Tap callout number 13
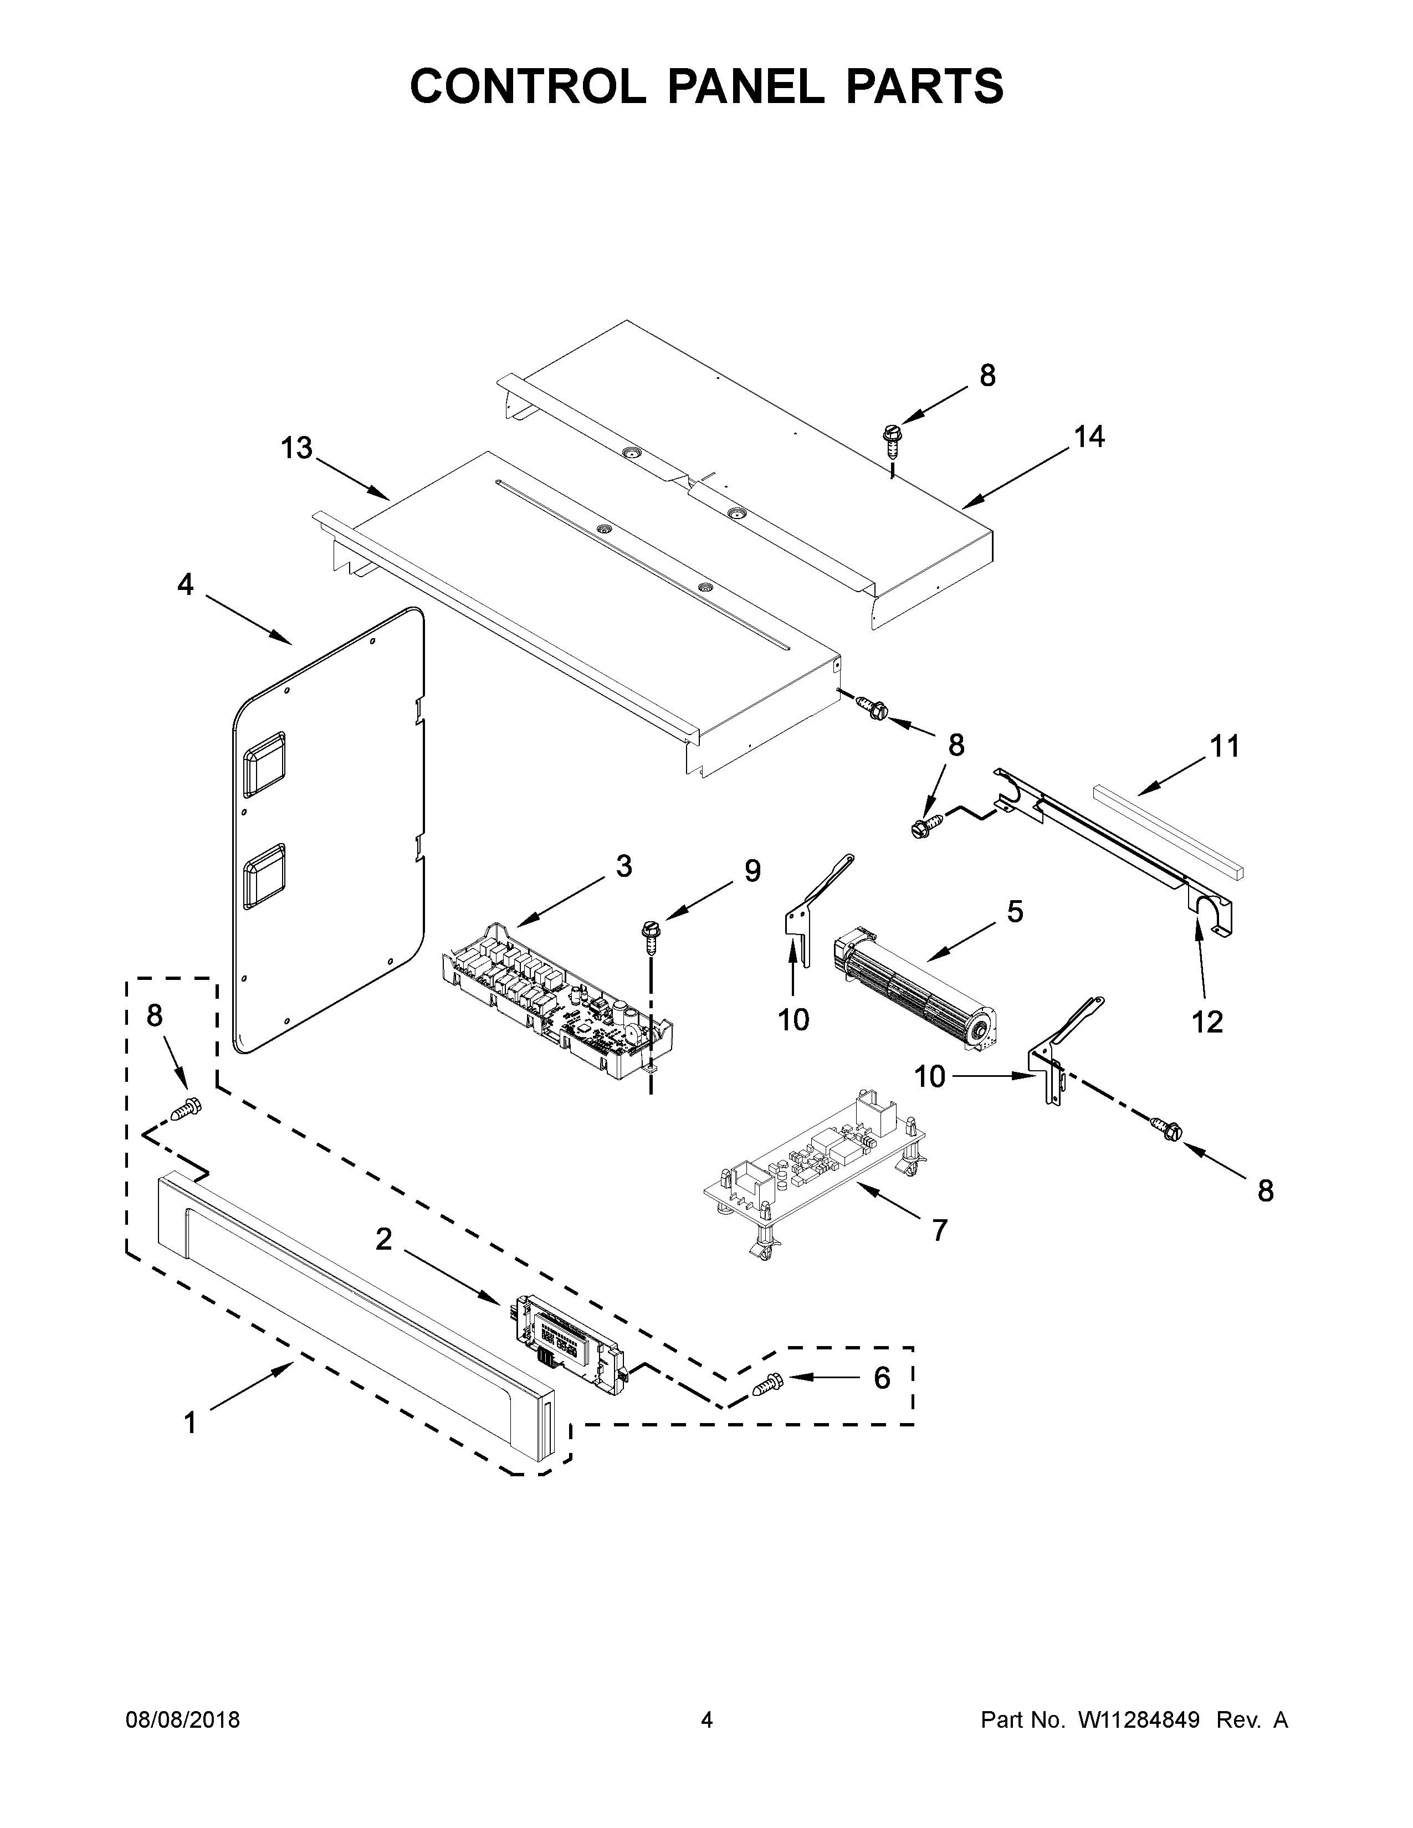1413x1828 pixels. point(296,449)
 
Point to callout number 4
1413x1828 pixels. point(185,584)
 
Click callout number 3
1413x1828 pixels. point(623,866)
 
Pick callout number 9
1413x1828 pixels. point(752,871)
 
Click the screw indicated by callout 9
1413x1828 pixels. point(649,936)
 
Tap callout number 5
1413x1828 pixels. point(1015,911)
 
